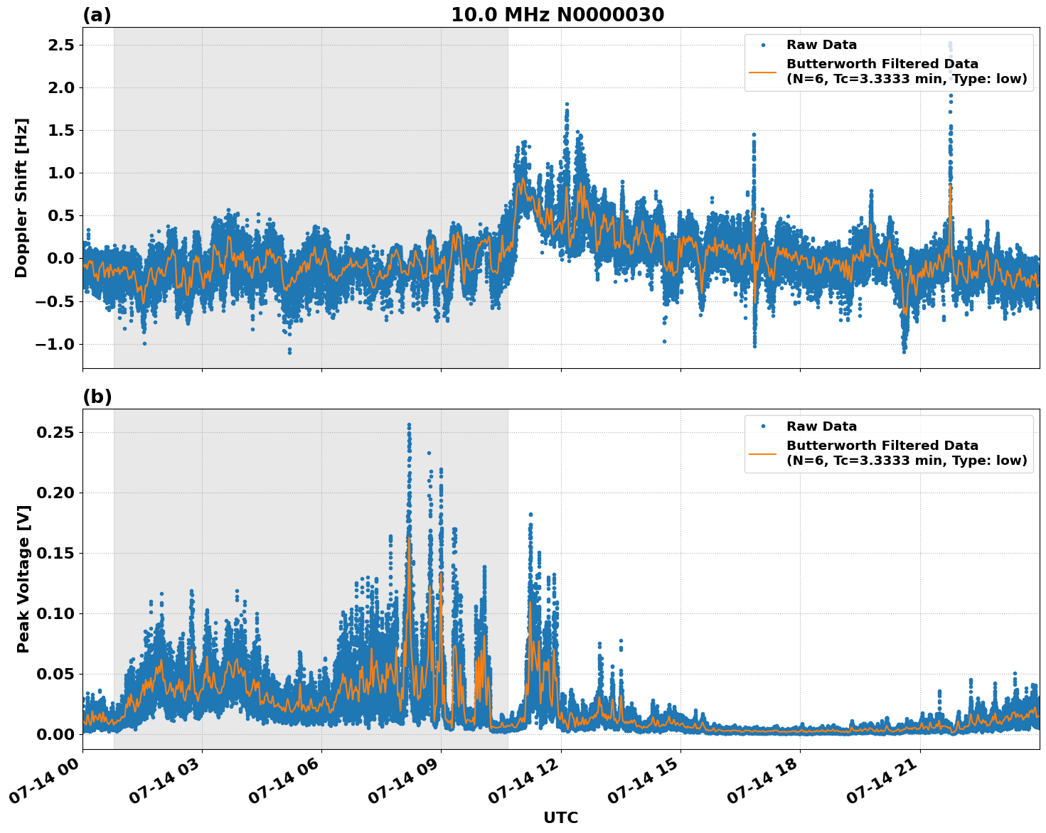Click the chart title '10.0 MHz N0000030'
(557, 15)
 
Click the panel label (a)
(97, 15)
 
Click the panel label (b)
(97, 397)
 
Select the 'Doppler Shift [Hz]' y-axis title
(21, 198)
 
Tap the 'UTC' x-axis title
(560, 817)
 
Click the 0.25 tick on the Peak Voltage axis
(55, 432)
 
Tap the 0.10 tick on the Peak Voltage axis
(55, 613)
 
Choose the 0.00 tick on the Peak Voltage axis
(55, 734)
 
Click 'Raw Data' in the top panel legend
(821, 45)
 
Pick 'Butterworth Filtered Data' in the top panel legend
(882, 64)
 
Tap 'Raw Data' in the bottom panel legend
(821, 426)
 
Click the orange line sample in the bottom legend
(763, 453)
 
